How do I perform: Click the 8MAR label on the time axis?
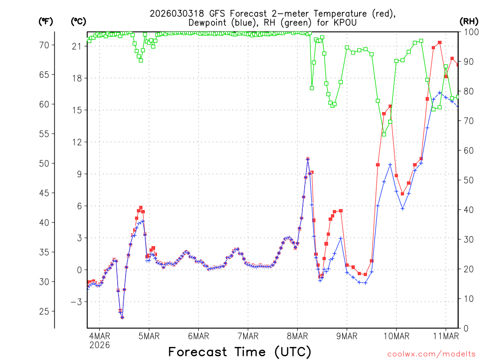tap(297, 336)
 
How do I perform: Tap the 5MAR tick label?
tap(149, 336)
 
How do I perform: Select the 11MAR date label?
tap(445, 336)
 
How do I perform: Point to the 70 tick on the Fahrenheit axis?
tap(44, 45)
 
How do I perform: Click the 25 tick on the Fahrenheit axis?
tap(44, 311)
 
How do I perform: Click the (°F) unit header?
tap(45, 21)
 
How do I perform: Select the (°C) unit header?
tap(78, 21)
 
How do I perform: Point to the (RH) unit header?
tap(469, 21)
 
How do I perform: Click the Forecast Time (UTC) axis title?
tap(240, 352)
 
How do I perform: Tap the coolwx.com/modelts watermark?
tap(431, 354)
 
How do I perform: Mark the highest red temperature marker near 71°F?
tap(440, 43)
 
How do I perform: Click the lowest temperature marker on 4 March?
tap(122, 317)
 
